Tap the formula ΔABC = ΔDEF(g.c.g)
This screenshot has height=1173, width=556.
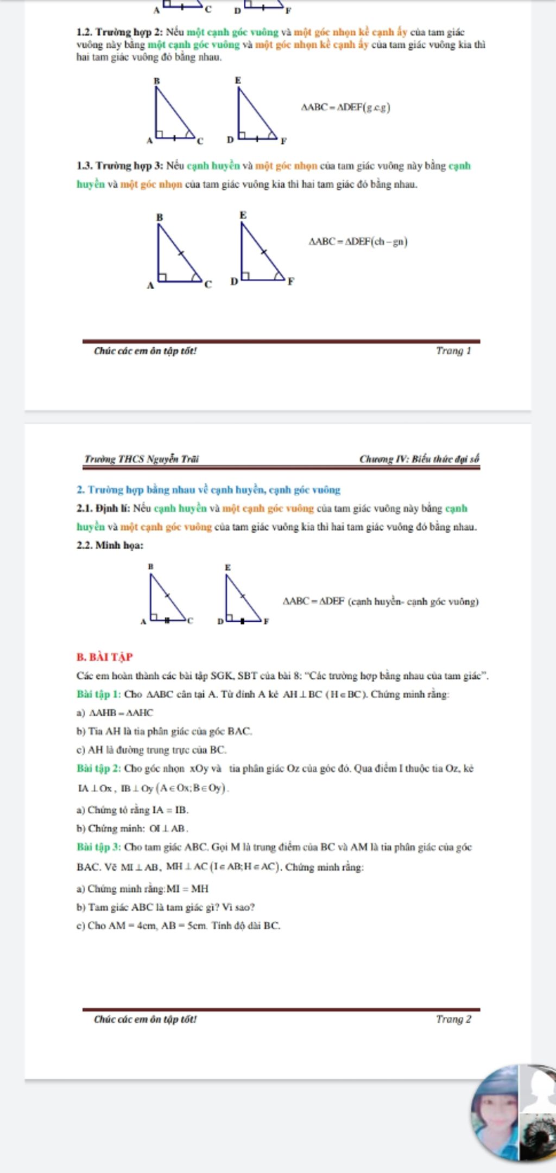[x=346, y=107]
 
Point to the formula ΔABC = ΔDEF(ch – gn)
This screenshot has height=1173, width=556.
[x=358, y=242]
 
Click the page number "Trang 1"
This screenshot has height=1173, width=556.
[x=453, y=351]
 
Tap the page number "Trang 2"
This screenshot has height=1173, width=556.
[x=453, y=1019]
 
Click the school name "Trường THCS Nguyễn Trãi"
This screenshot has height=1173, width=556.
[x=141, y=459]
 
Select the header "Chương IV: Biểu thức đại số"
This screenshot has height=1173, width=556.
[x=419, y=459]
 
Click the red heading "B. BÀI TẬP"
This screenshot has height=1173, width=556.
[x=105, y=657]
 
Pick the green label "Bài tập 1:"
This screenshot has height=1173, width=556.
[x=99, y=694]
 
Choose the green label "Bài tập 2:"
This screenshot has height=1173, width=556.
[x=99, y=769]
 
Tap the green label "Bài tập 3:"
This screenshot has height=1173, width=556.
[x=99, y=847]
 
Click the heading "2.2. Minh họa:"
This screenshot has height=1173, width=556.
[x=110, y=545]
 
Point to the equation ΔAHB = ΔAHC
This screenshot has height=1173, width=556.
[x=121, y=713]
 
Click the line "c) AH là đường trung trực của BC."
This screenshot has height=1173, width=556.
[x=151, y=750]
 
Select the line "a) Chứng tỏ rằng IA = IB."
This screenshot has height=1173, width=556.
[x=132, y=810]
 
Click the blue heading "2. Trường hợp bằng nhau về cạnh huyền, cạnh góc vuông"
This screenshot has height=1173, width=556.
[x=208, y=490]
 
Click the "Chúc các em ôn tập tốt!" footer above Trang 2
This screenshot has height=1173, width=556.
[x=145, y=1019]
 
